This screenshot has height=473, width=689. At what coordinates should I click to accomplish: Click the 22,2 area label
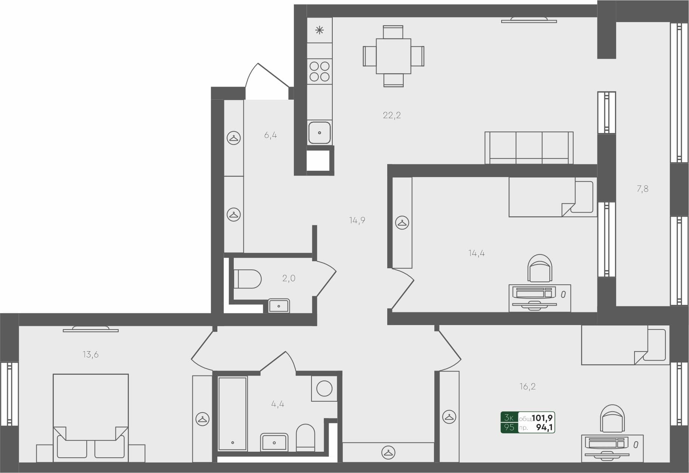click(x=392, y=115)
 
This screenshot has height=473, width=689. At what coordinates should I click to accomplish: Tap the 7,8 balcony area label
click(x=642, y=189)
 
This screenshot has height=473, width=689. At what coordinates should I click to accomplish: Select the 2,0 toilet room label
click(x=289, y=278)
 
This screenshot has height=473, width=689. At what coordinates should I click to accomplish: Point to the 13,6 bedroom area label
click(x=90, y=354)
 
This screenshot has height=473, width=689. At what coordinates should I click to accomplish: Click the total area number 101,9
click(x=542, y=418)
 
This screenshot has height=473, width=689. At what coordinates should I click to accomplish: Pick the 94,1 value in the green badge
click(x=544, y=427)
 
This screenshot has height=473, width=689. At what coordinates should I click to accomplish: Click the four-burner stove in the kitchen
click(x=320, y=71)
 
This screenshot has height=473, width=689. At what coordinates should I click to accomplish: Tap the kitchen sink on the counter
click(x=319, y=132)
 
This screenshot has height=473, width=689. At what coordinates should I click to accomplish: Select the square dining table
click(x=394, y=56)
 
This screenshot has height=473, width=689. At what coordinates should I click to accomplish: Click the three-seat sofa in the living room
click(x=529, y=148)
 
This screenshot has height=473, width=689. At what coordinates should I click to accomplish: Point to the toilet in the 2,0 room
click(x=247, y=279)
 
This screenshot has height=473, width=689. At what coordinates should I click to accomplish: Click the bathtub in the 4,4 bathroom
click(x=232, y=413)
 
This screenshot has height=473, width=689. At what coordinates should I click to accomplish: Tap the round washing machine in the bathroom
click(x=324, y=389)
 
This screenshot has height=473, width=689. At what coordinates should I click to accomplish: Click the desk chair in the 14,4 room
click(x=540, y=268)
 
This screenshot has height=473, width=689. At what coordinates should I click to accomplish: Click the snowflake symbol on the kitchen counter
click(x=320, y=30)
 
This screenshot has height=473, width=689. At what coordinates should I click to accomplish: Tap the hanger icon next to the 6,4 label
click(x=234, y=138)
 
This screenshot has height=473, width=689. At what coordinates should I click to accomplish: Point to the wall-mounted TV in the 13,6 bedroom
click(x=91, y=329)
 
